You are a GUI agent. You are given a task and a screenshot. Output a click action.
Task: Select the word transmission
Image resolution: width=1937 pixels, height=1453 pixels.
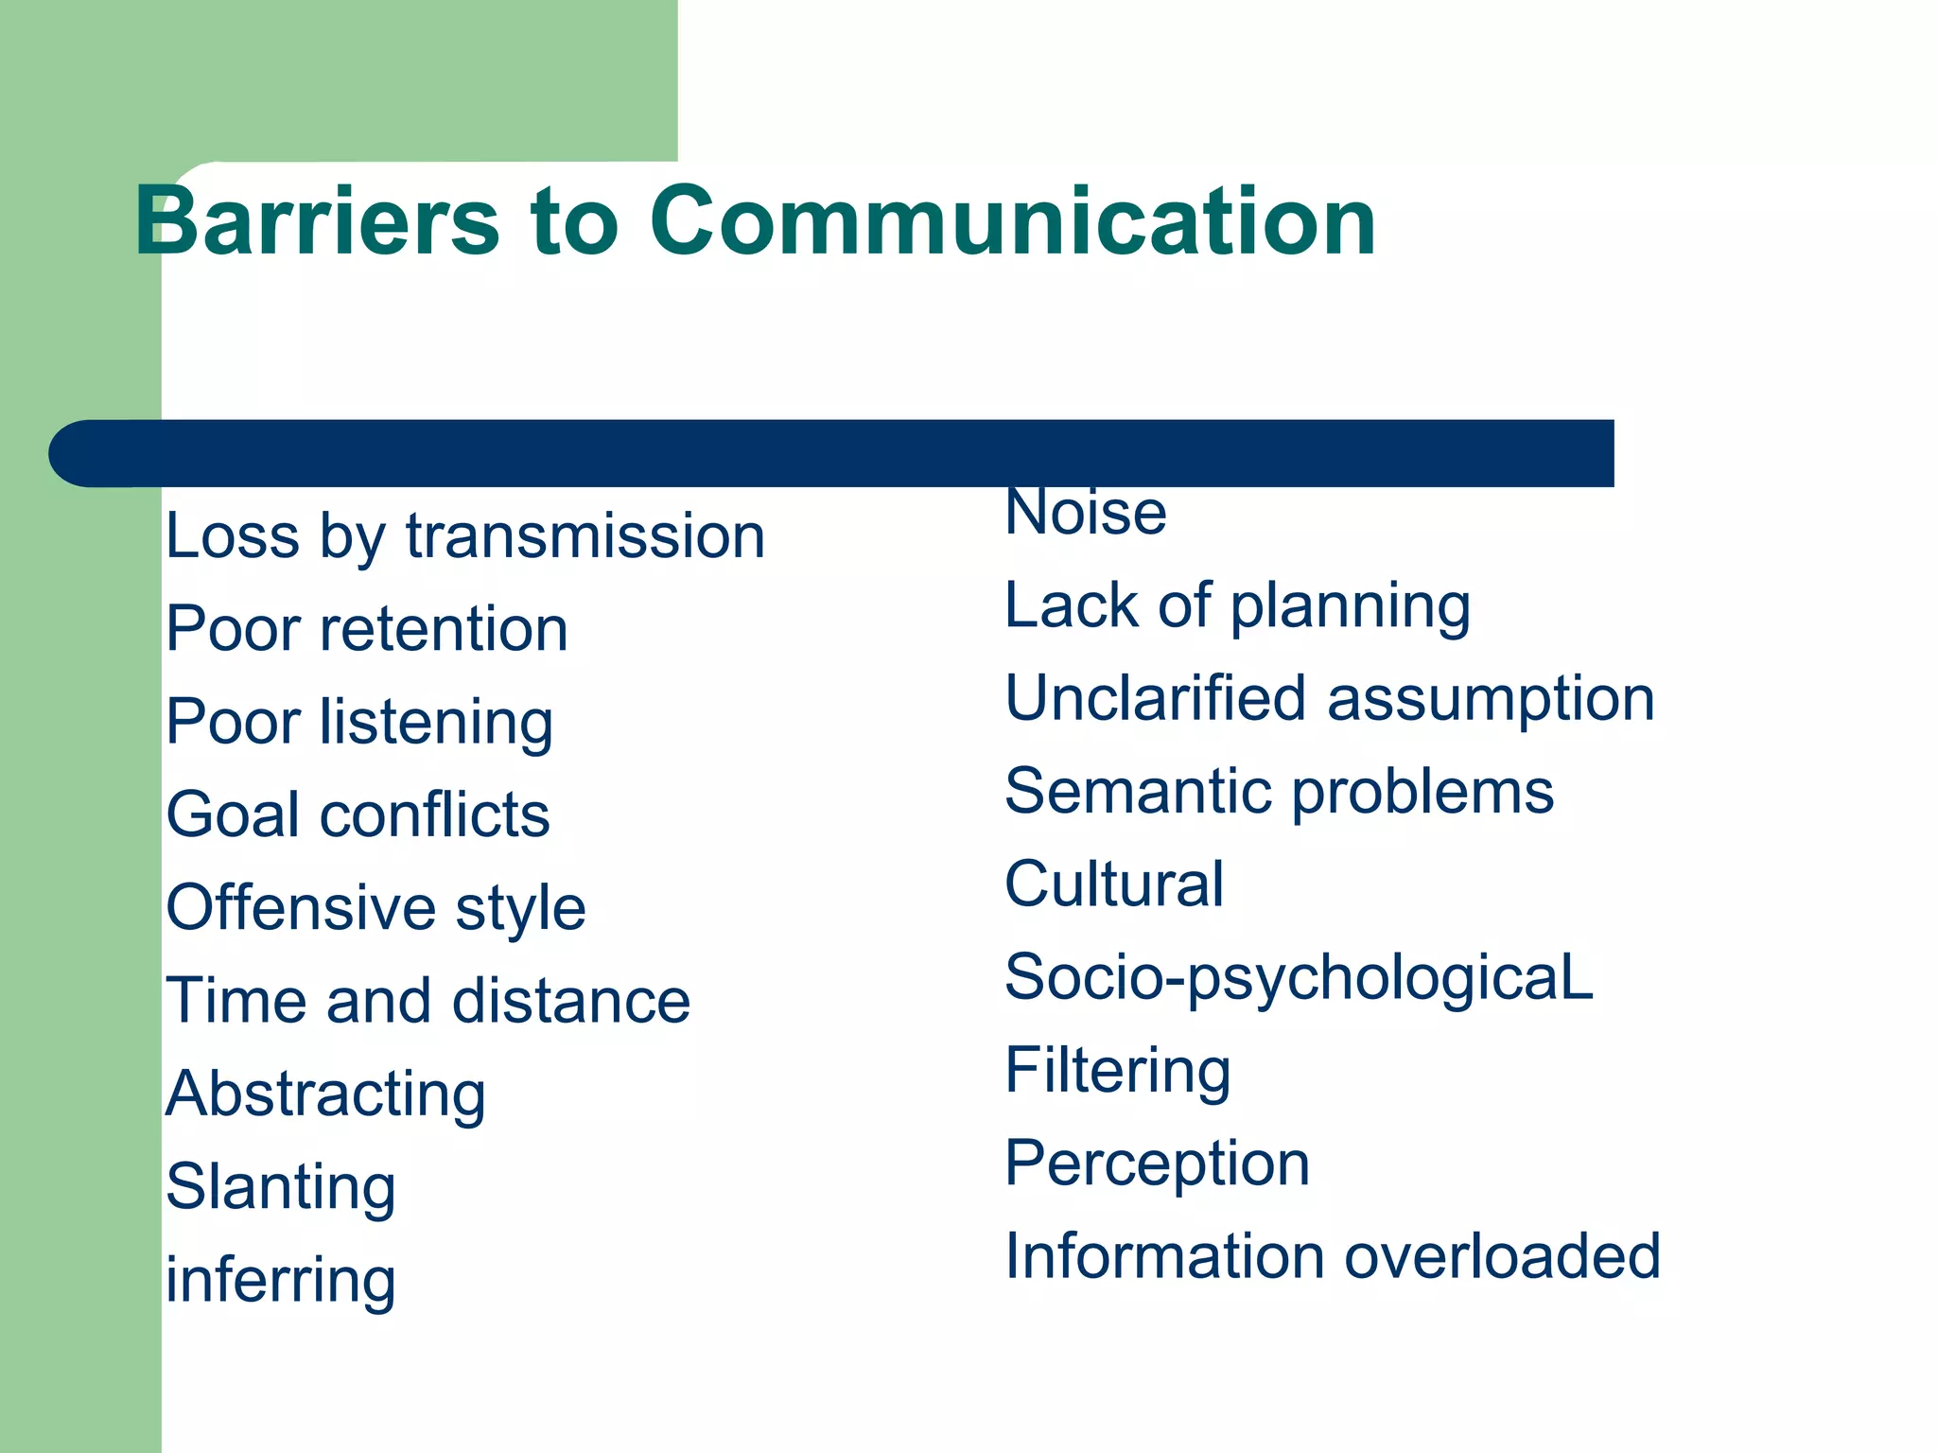pyautogui.click(x=585, y=536)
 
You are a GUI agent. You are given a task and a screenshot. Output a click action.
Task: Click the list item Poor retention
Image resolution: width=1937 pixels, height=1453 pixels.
pyautogui.click(x=367, y=629)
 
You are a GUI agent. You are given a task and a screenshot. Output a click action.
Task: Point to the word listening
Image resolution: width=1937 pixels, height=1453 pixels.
pyautogui.click(x=436, y=723)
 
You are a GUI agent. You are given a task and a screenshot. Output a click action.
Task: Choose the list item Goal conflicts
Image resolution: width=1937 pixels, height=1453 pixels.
pyautogui.click(x=358, y=814)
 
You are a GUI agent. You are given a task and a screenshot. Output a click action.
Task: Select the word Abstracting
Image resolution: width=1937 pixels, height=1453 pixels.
pyautogui.click(x=325, y=1094)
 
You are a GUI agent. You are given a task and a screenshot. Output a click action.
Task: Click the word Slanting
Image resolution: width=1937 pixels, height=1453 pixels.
pyautogui.click(x=281, y=1187)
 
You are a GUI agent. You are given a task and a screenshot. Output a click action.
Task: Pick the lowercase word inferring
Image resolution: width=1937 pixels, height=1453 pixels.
pyautogui.click(x=281, y=1280)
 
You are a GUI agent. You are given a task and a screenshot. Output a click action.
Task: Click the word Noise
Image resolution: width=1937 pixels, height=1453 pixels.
pyautogui.click(x=1086, y=514)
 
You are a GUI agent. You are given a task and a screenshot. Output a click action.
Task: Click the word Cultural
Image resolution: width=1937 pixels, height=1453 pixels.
pyautogui.click(x=1114, y=884)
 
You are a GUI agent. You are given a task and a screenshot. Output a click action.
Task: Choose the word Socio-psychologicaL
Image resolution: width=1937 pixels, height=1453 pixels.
pyautogui.click(x=1299, y=978)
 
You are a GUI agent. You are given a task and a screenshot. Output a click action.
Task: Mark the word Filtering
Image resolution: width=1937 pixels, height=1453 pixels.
pyautogui.click(x=1118, y=1071)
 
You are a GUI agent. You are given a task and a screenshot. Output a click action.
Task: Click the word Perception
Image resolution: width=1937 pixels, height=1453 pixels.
pyautogui.click(x=1157, y=1164)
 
